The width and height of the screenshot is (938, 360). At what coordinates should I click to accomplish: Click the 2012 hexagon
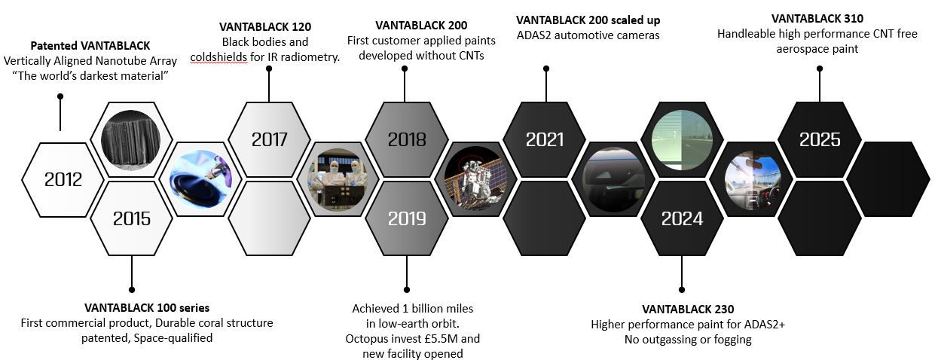click(63, 179)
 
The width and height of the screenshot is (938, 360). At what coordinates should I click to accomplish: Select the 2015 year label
click(131, 218)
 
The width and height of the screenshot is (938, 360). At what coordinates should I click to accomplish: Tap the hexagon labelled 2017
click(269, 139)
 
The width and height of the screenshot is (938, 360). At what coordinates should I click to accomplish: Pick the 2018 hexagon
click(406, 139)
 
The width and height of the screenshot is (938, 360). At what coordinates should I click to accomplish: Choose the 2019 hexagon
click(406, 218)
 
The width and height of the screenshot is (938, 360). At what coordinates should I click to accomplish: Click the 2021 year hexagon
click(544, 139)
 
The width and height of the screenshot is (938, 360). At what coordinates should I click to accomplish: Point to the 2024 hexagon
click(681, 218)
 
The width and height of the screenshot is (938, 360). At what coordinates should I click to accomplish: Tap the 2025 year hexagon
click(819, 139)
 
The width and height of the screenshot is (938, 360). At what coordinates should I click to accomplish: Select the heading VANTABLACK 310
click(817, 18)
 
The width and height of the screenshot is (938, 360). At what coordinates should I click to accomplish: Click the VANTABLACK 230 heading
click(688, 309)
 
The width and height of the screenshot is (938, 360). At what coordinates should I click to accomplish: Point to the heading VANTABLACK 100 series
click(147, 307)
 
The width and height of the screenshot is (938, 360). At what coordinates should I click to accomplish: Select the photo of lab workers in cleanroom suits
click(338, 178)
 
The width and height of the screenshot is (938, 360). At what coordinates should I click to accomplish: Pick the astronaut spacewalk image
click(475, 178)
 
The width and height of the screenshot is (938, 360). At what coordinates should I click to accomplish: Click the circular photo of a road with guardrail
click(681, 139)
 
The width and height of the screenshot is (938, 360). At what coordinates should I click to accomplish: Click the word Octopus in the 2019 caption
click(368, 338)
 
